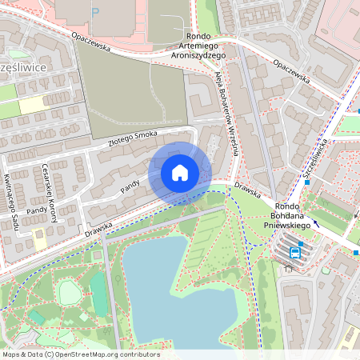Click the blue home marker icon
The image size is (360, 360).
coord(180,173)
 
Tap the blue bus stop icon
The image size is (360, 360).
coord(295,254)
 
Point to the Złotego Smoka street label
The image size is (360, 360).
coord(134,139)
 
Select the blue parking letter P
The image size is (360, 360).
coord(96,12)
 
